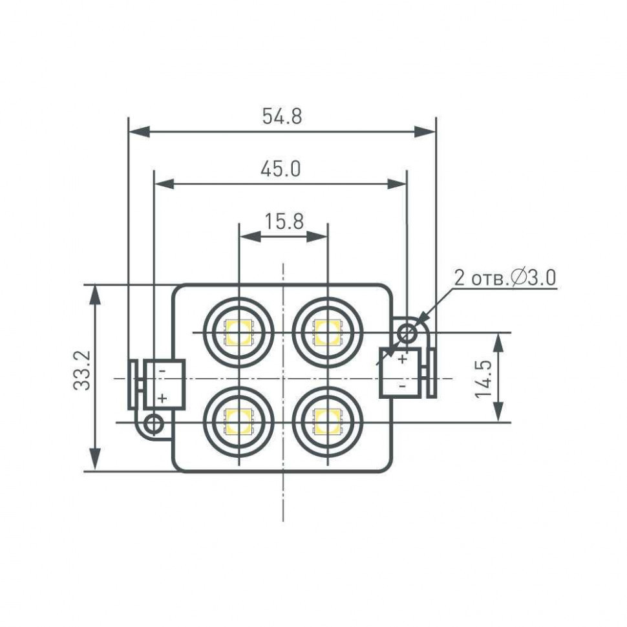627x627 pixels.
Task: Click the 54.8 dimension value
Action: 282,116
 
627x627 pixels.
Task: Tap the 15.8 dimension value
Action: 284,222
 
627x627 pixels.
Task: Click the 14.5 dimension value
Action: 484,378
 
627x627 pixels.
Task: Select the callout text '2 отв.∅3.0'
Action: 505,278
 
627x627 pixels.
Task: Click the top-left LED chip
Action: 239,332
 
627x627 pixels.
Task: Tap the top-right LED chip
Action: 328,332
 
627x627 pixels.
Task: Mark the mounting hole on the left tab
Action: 154,424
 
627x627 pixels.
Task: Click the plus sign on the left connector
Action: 162,397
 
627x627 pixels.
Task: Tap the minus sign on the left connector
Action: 162,370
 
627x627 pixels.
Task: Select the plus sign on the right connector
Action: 402,359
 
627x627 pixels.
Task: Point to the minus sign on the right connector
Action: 402,385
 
